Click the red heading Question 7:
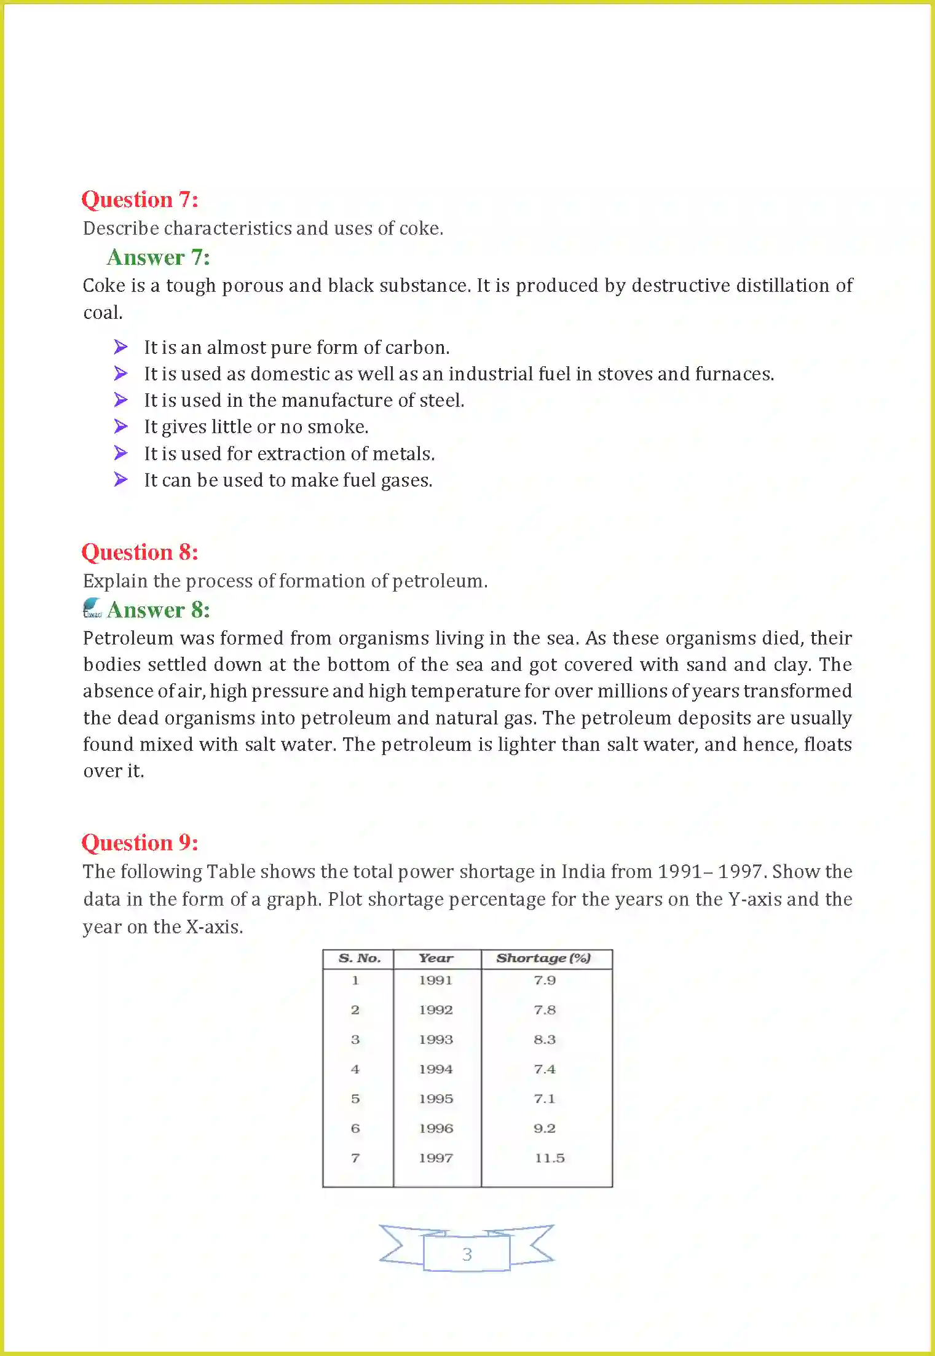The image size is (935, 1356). (140, 200)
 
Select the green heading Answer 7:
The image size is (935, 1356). (158, 257)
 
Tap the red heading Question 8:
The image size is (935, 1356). (140, 552)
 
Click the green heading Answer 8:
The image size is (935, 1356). (158, 610)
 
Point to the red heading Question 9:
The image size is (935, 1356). (140, 843)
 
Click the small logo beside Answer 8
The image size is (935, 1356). (92, 608)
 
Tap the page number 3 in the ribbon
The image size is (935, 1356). (467, 1254)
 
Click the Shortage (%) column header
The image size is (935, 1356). (543, 958)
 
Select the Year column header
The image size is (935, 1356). (436, 958)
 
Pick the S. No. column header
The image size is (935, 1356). (360, 958)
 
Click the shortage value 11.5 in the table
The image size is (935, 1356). (549, 1158)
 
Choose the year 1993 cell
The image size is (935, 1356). (436, 1040)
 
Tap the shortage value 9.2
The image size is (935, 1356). (544, 1129)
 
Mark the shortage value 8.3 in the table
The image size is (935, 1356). (544, 1040)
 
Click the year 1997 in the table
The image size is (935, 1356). (436, 1158)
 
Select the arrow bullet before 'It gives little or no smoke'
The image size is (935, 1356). (121, 426)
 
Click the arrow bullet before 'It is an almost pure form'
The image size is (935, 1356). (121, 347)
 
